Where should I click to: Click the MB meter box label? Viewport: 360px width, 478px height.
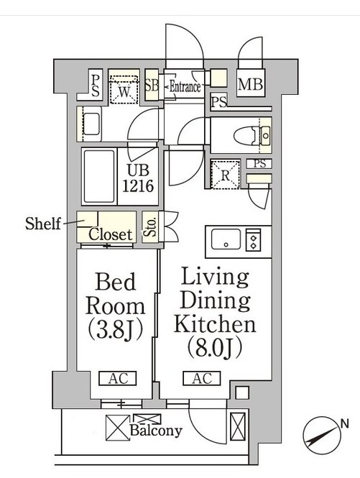point(250,84)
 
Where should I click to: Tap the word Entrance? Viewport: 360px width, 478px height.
point(185,87)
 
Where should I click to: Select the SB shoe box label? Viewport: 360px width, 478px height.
point(152,86)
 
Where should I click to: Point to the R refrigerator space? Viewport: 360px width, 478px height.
point(225,174)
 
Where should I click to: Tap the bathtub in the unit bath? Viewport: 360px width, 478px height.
point(99,176)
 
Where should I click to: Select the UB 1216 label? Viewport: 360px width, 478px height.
point(138,178)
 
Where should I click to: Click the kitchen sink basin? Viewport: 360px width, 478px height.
point(226,239)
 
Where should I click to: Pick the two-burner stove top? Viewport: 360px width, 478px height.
point(254,240)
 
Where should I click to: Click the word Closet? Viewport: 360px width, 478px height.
point(111,234)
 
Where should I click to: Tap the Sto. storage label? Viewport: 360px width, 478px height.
point(150,227)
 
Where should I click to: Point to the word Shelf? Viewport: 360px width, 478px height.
point(43,224)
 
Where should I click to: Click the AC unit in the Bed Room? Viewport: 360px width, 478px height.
point(118,378)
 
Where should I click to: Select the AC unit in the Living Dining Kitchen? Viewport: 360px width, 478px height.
point(201,378)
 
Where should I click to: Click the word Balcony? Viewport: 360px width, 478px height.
point(156,431)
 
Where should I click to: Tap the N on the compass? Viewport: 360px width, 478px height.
point(345,423)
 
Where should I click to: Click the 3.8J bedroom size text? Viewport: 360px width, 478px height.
point(116,331)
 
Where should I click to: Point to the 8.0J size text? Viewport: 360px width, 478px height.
point(215,347)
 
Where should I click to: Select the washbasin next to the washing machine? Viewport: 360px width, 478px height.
point(91,124)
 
